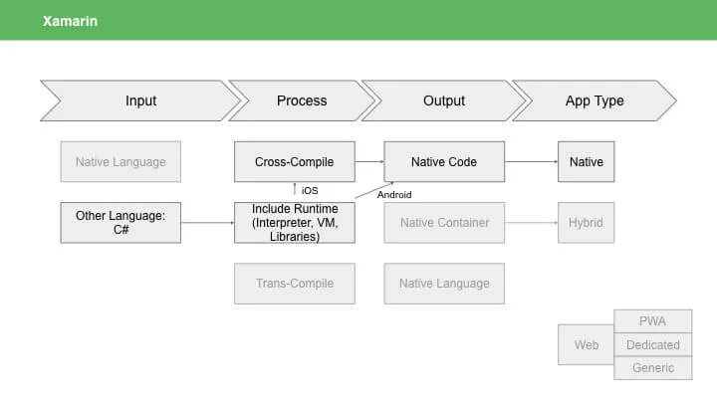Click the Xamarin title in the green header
point(70,21)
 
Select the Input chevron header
point(140,101)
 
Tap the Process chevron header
point(302,101)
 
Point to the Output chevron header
point(443,101)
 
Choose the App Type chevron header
point(595,101)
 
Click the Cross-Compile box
point(295,162)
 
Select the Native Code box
point(444,162)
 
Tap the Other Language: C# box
point(120,223)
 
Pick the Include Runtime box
point(295,223)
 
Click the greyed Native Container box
point(444,223)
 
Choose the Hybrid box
point(586,223)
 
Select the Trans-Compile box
point(295,284)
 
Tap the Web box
point(586,344)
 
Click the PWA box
point(653,321)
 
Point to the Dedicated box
point(653,345)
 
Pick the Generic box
point(653,368)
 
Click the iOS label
point(310,190)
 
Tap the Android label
point(394,195)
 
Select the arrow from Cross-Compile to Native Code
point(369,161)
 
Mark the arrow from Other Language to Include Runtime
point(207,223)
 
